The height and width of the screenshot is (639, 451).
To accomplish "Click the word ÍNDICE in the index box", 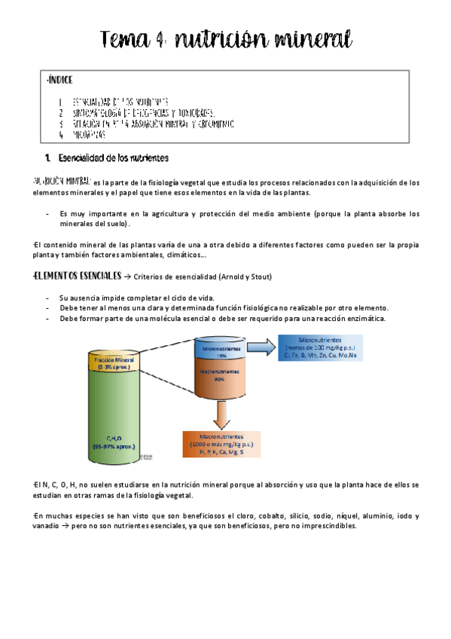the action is [61, 80].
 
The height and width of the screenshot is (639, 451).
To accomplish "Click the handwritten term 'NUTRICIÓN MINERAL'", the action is [62, 182].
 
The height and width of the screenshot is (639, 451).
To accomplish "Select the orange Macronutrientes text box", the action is [221, 444].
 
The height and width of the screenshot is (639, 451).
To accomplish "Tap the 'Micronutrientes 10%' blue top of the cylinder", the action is [221, 351].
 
